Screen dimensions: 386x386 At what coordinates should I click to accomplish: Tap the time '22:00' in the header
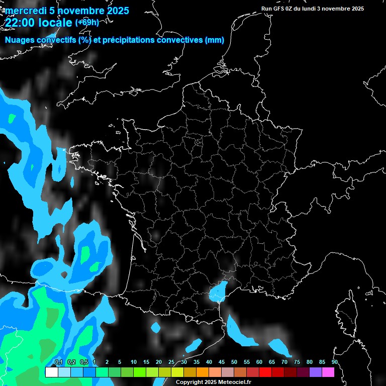[20, 22]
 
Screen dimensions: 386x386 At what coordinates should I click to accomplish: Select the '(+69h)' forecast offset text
[87, 22]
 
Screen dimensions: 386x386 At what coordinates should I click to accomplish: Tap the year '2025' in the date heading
[116, 11]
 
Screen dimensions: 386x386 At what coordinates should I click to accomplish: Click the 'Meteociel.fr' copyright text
[233, 382]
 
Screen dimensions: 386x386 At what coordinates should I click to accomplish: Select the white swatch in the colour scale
[51, 372]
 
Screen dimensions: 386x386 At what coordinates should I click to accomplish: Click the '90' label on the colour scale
[334, 362]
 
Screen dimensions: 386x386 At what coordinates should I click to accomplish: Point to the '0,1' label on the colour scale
[58, 362]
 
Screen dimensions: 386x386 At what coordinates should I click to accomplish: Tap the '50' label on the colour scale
[234, 362]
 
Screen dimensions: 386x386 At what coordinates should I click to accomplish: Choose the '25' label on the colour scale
[171, 362]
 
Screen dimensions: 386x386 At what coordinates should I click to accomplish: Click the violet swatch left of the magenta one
[315, 372]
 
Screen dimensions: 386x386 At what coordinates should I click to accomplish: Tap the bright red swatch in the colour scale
[265, 372]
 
